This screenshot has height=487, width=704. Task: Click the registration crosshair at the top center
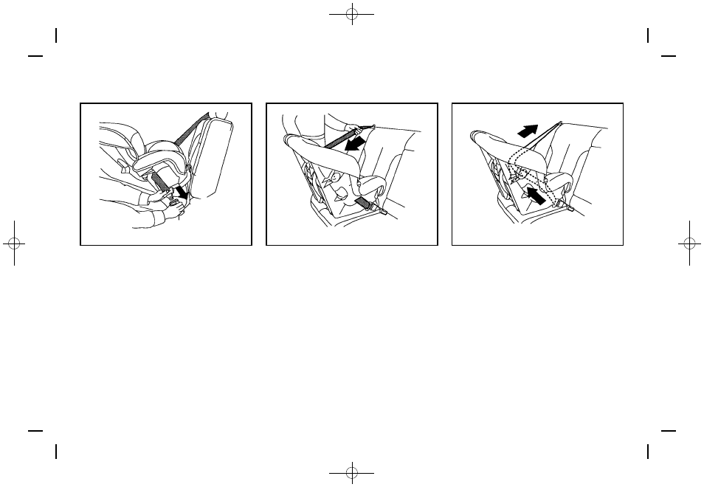tap(352, 14)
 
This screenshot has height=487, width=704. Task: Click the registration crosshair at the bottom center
tap(352, 472)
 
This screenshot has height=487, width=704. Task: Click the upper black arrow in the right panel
tap(528, 131)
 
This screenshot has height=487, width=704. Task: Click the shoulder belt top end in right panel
tap(562, 122)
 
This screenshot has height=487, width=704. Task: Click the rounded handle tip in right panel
tap(479, 137)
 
